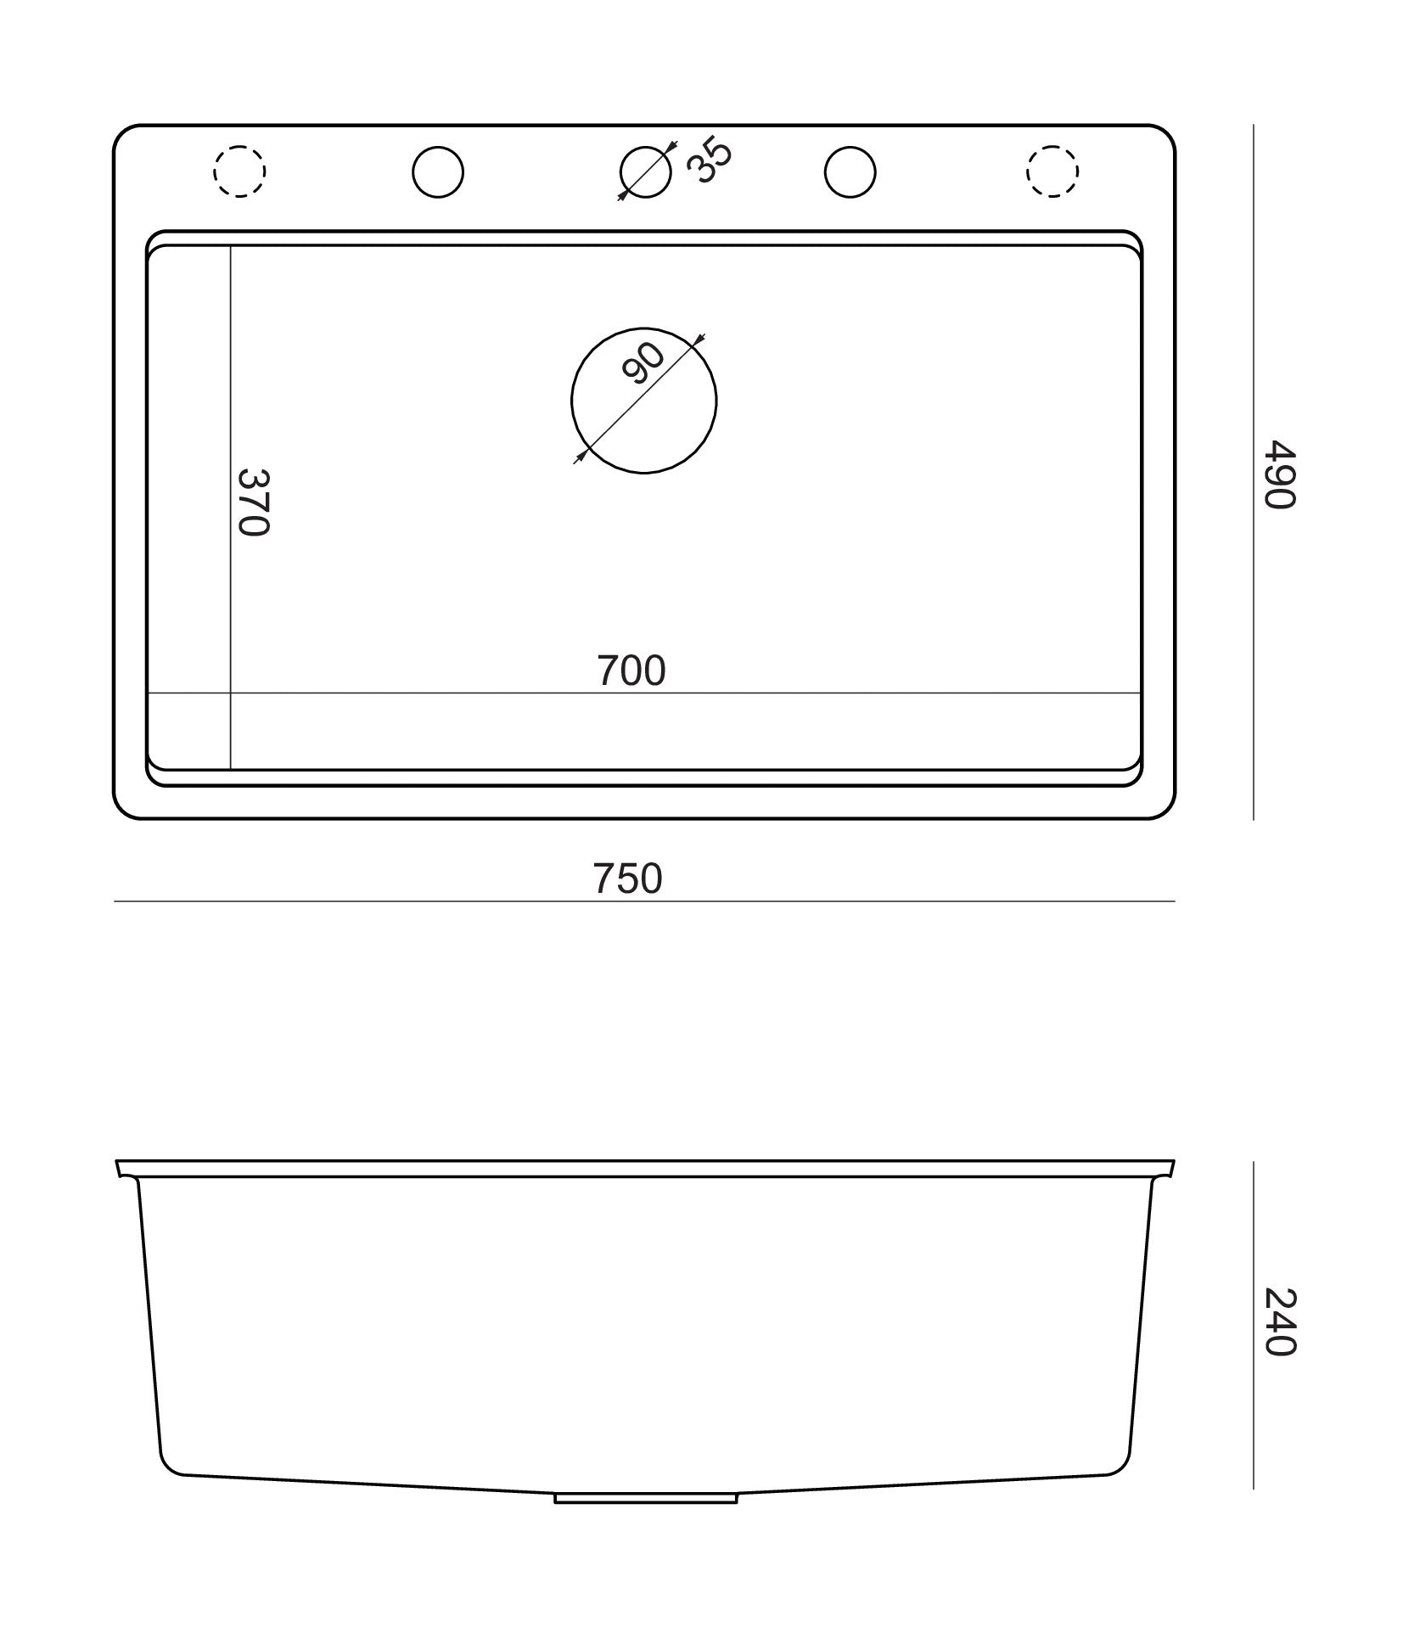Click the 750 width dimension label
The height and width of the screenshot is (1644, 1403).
627,879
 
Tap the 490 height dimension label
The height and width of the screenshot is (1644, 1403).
1278,474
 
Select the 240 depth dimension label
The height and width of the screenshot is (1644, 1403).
1278,1322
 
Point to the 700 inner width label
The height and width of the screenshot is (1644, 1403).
631,671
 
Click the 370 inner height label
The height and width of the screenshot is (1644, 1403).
252,502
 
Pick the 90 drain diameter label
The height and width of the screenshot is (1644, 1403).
643,362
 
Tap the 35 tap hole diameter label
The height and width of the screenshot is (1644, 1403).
708,160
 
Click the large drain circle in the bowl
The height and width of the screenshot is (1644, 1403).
571,400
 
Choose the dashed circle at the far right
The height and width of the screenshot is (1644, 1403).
1027,171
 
